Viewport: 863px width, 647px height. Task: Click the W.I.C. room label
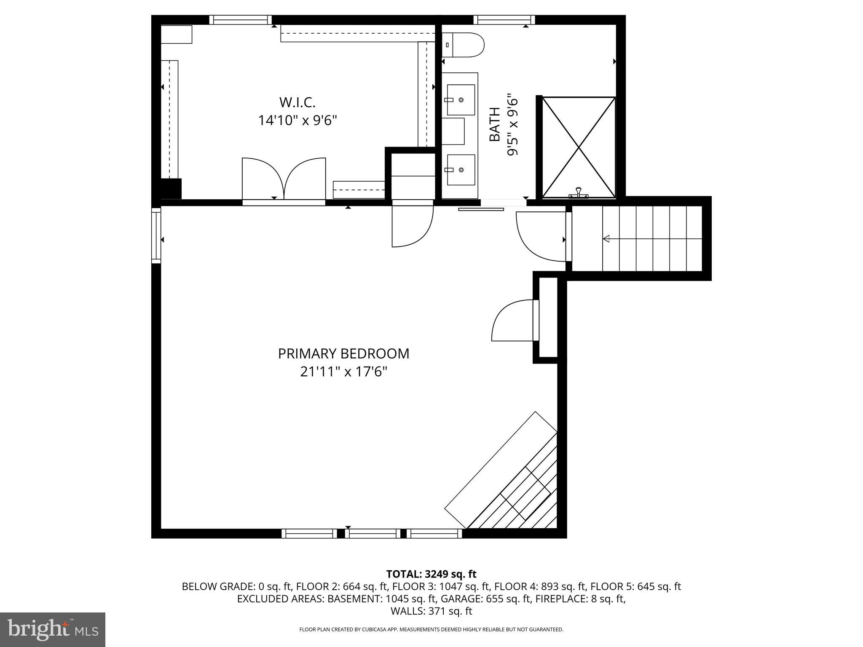(x=297, y=102)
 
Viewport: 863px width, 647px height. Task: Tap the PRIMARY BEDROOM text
(x=343, y=353)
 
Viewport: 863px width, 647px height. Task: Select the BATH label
(x=495, y=124)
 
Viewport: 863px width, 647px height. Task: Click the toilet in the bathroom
(x=463, y=45)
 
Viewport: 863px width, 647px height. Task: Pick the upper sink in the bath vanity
(x=461, y=99)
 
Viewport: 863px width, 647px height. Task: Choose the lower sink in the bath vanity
(x=461, y=170)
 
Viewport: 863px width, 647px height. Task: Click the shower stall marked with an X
(x=579, y=147)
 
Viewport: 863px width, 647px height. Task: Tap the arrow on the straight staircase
(x=607, y=239)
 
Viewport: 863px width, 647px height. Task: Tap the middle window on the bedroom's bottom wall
(x=373, y=533)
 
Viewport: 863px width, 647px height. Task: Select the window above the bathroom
(x=504, y=19)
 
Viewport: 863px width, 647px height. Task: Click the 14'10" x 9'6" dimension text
(x=297, y=121)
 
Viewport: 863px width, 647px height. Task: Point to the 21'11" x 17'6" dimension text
(x=343, y=372)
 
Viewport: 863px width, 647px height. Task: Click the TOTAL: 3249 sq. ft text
(x=431, y=574)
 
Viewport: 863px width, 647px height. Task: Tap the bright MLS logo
(x=53, y=629)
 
